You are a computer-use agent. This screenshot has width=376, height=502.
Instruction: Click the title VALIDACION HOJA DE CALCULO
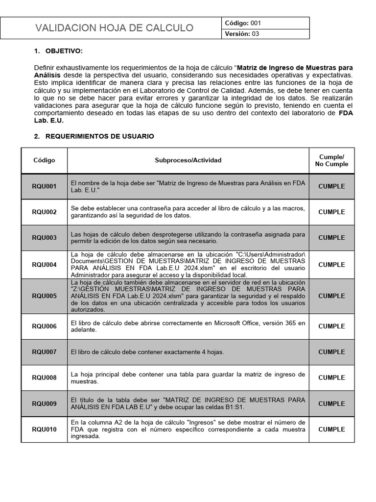tap(114, 28)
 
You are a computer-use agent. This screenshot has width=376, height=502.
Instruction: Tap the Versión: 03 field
tap(242, 34)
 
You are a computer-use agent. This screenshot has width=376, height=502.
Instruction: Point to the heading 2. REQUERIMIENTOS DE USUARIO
tap(94, 136)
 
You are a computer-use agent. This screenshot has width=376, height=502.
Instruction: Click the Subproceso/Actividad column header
tap(188, 160)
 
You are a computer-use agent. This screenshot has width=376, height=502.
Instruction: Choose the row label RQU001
tap(44, 186)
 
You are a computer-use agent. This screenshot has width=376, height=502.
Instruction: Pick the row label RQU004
tap(44, 265)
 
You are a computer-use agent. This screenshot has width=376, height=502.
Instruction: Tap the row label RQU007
tap(44, 352)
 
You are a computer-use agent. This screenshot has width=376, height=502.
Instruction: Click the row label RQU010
tap(44, 429)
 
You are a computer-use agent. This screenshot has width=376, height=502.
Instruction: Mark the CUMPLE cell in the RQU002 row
tap(331, 212)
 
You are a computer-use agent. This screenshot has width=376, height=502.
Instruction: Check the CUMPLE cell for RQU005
tap(331, 296)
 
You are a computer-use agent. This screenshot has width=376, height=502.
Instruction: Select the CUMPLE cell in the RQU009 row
tap(331, 404)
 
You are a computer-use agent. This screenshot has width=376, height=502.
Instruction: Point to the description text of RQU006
tap(188, 326)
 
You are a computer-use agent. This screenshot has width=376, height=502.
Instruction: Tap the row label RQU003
tap(44, 238)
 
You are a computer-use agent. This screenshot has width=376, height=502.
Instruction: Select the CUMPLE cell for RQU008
tap(331, 378)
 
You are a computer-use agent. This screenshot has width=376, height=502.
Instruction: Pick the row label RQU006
tap(44, 326)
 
